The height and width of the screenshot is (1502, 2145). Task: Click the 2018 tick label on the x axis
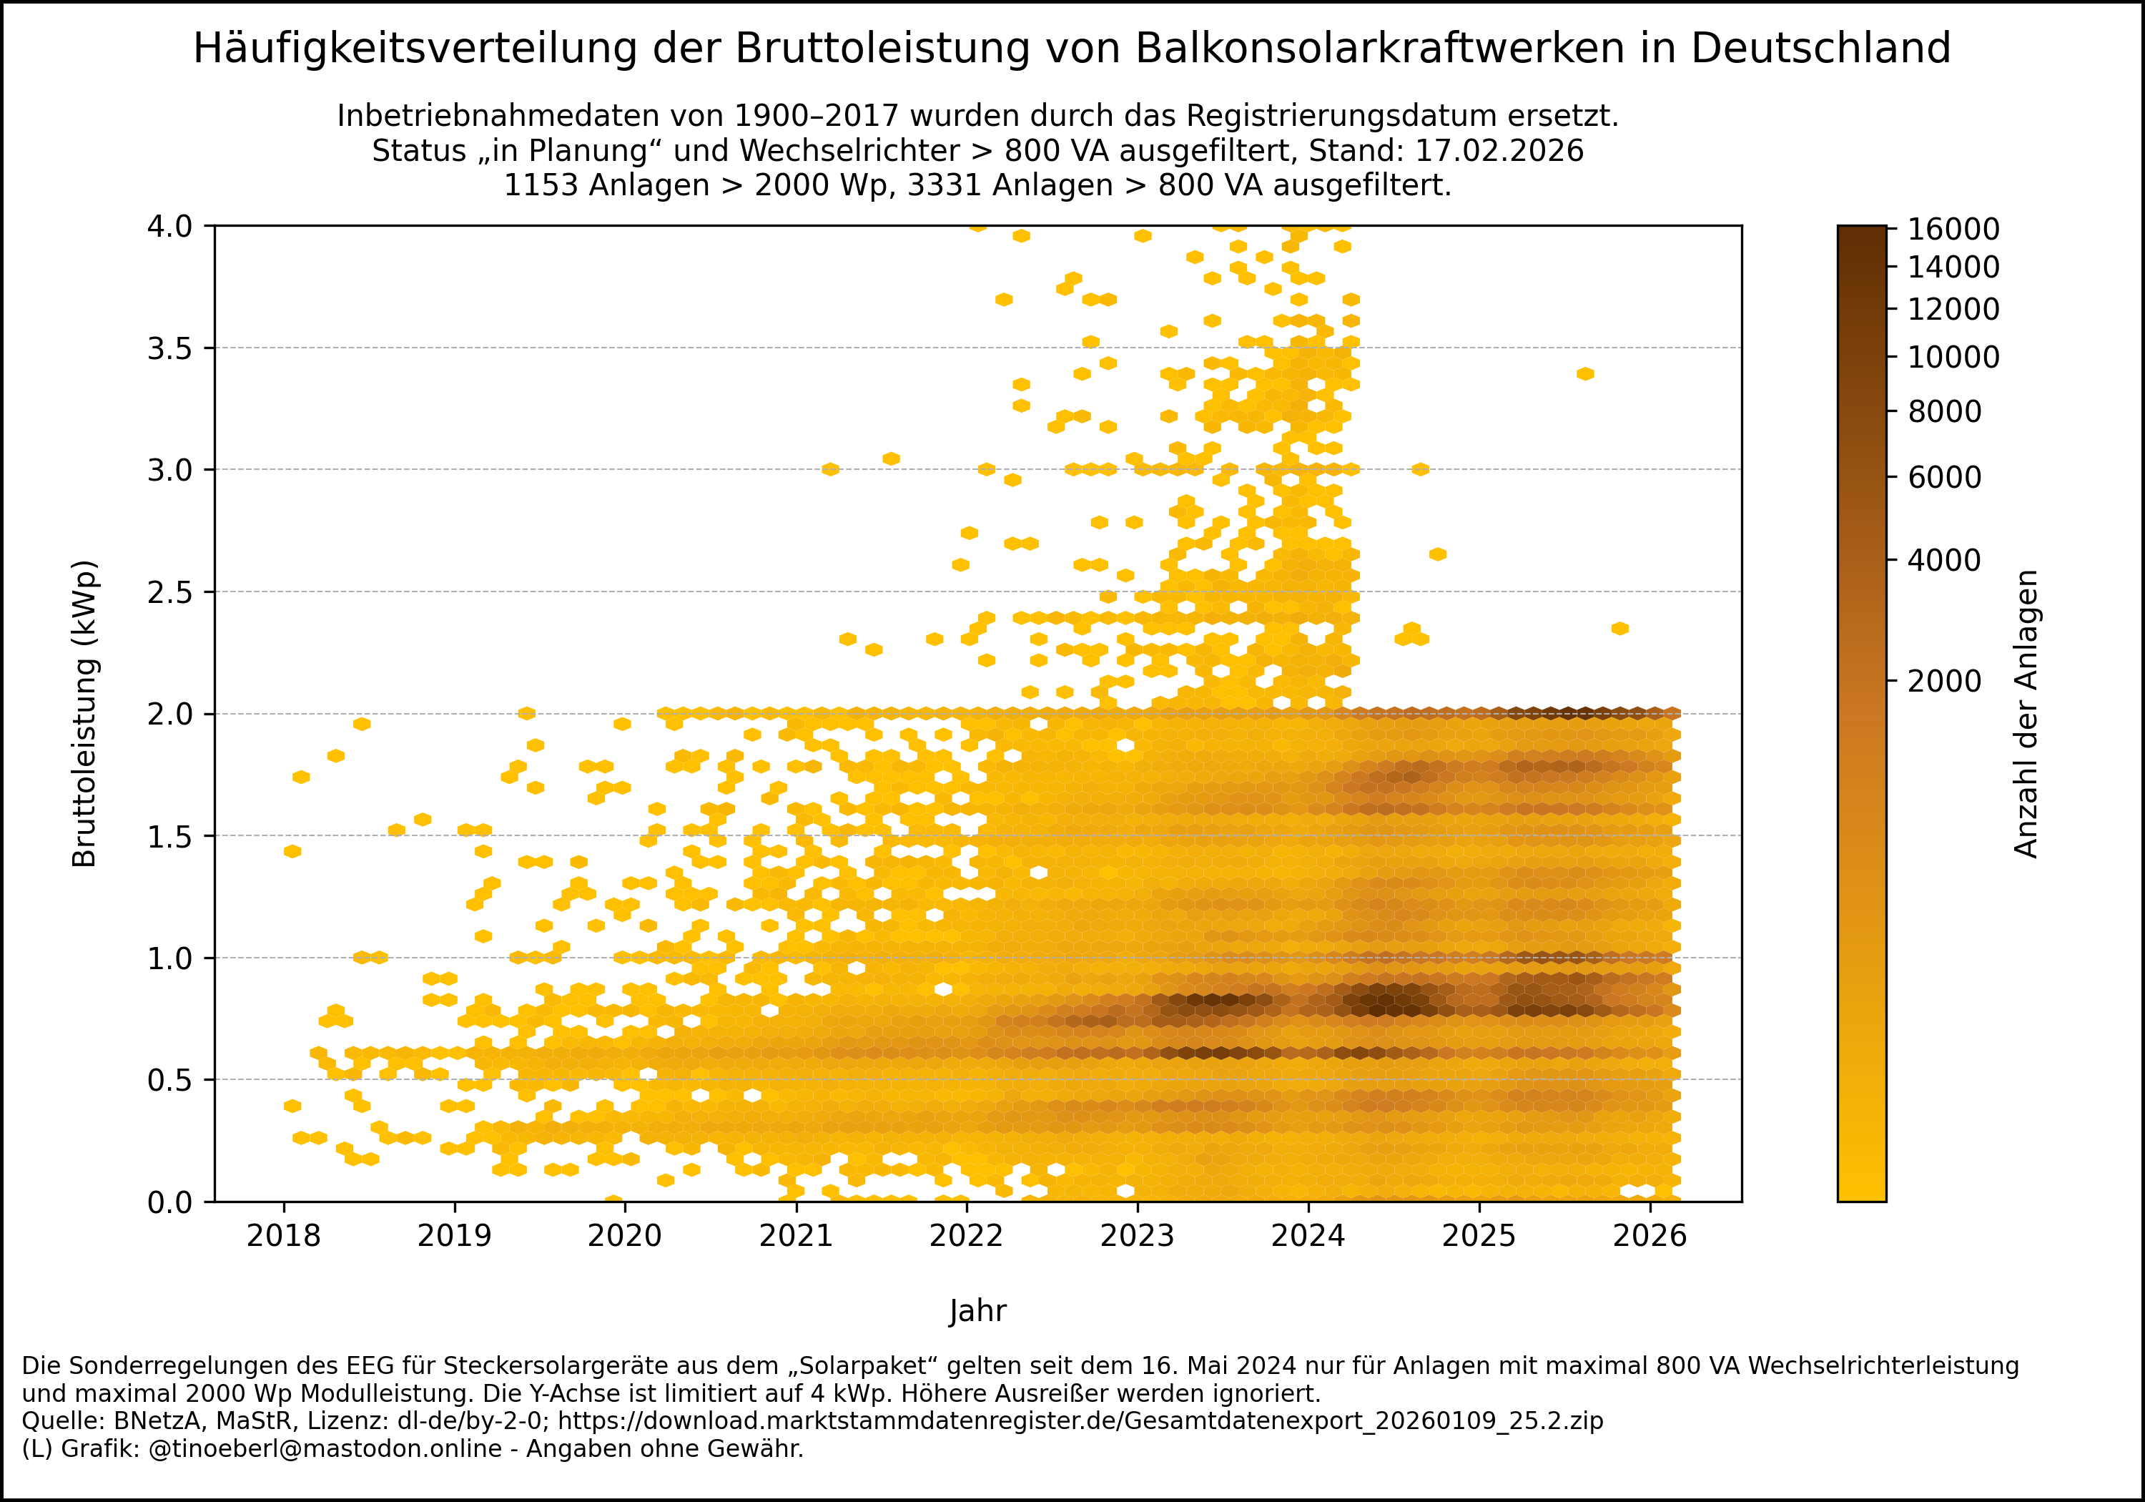pos(283,1236)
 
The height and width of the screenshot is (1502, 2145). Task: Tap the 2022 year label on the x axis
pos(966,1236)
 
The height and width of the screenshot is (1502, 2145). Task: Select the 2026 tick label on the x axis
pos(1650,1236)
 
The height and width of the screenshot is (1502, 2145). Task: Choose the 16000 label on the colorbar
pos(1953,229)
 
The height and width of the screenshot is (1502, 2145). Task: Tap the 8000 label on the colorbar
pos(1943,411)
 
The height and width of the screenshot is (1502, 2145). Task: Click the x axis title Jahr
pos(978,1310)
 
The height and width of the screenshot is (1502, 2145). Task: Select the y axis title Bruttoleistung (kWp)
pos(84,713)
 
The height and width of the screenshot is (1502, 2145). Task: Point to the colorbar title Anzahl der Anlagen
pos(2026,713)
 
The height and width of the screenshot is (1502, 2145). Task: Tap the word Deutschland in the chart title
pos(1821,49)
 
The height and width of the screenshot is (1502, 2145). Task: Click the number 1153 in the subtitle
pos(541,185)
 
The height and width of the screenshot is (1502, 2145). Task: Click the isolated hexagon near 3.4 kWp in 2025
pos(1585,374)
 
